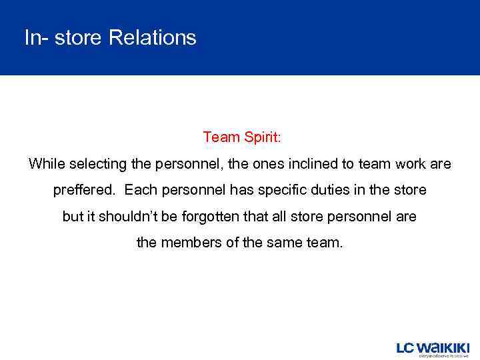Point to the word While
pos(45,163)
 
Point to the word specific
pos(284,190)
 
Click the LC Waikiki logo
pos(433,349)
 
